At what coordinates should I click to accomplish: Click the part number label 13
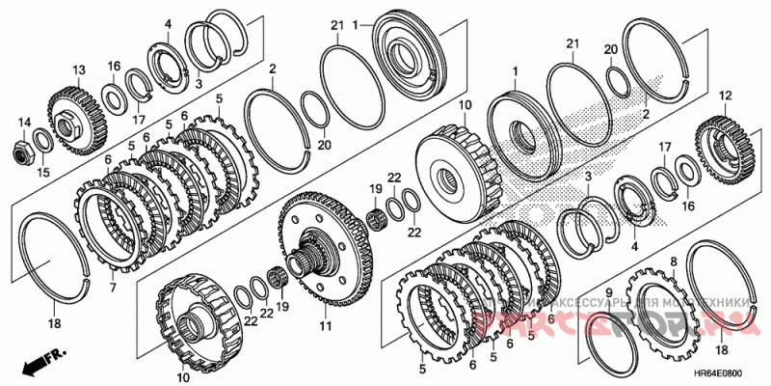click(78, 69)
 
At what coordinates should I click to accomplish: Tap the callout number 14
click(24, 122)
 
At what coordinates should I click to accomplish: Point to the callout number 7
click(112, 289)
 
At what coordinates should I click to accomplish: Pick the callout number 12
click(726, 96)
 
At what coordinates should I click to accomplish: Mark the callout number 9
click(608, 290)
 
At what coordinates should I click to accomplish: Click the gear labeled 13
click(71, 115)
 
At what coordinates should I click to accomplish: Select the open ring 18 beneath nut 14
click(58, 251)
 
